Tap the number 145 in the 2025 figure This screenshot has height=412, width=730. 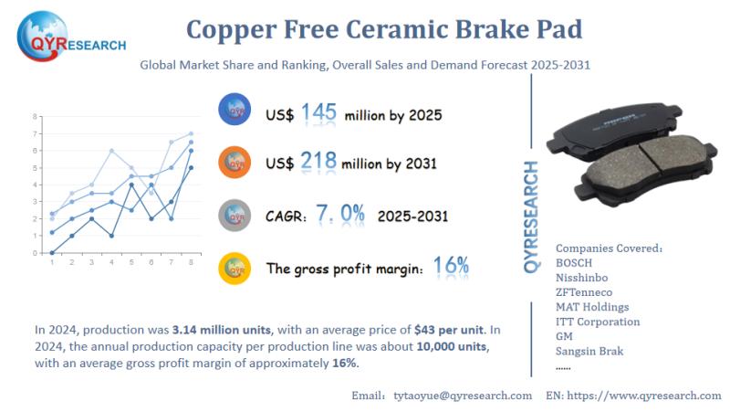[x=318, y=113]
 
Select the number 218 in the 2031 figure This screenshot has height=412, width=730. [x=318, y=163]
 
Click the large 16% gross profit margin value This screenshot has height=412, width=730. [x=451, y=267]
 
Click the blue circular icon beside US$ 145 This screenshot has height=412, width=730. [x=235, y=111]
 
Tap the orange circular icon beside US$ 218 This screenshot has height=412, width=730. [x=235, y=162]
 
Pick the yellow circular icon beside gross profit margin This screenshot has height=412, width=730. [x=235, y=268]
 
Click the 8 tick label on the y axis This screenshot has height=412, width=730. [x=35, y=117]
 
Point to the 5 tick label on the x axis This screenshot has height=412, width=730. [x=131, y=262]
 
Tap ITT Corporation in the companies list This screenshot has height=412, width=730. [x=598, y=322]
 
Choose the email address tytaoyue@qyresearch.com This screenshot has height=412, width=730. [x=463, y=395]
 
